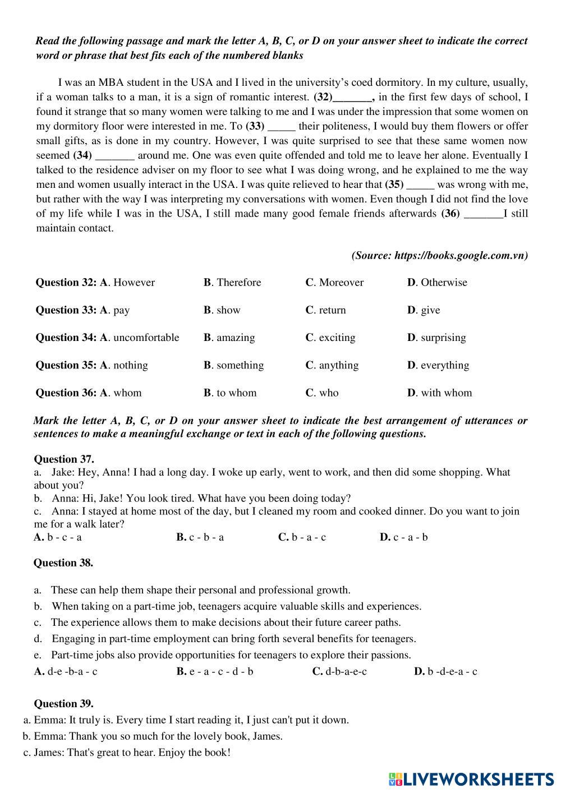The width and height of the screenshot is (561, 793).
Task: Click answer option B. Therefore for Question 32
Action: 232,283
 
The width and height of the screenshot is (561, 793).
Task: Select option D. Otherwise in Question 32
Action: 437,283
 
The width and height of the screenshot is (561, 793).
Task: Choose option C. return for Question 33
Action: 325,310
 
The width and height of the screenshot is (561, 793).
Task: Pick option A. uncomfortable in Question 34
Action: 140,338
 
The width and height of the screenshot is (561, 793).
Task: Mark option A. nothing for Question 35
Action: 124,365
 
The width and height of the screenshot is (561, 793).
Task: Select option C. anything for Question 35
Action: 332,365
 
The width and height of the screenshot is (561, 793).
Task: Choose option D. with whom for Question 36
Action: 439,393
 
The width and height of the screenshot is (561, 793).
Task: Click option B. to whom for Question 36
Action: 230,393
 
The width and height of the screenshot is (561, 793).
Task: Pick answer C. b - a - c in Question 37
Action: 302,537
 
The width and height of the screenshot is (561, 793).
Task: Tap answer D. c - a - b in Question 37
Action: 404,537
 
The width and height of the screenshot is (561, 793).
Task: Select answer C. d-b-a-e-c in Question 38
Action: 339,671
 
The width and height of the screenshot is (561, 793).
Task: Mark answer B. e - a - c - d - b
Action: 215,671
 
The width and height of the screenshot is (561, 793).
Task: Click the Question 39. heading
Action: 64,704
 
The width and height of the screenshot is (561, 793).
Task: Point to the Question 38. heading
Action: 63,563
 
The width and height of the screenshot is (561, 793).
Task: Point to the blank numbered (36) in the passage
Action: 484,214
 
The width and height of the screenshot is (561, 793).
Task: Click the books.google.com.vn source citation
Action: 440,256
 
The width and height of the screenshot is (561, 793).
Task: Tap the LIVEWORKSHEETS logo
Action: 471,778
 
